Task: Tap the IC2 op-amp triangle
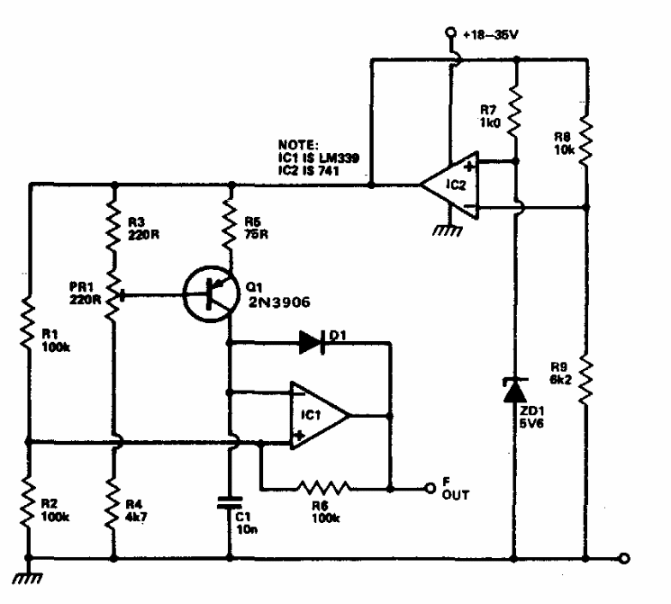pyautogui.click(x=450, y=186)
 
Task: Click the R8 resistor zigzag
pyautogui.click(x=585, y=135)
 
